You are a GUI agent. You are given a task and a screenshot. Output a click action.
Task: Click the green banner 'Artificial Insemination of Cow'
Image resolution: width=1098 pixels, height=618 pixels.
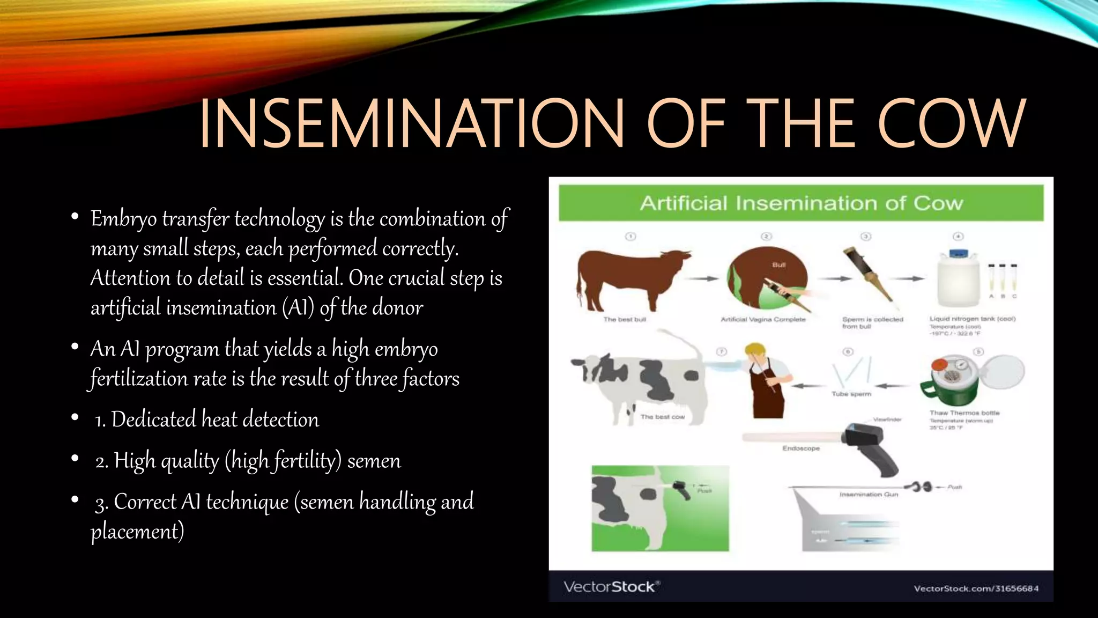click(x=801, y=203)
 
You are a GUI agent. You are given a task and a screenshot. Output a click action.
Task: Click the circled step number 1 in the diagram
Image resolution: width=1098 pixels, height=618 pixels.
click(x=630, y=237)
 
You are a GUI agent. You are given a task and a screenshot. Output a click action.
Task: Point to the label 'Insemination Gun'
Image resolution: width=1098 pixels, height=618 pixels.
click(x=869, y=495)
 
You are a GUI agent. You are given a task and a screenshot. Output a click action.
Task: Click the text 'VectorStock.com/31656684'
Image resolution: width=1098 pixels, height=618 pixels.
click(x=976, y=588)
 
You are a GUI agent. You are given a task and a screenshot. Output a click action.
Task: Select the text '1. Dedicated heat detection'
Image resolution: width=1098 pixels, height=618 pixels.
click(x=206, y=420)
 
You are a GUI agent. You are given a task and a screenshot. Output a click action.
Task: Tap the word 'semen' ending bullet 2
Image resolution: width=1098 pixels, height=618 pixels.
click(x=374, y=461)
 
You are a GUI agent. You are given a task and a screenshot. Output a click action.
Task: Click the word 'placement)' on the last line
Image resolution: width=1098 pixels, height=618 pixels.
click(x=137, y=532)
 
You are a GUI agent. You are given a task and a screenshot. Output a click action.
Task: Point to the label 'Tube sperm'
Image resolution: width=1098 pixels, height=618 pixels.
click(x=851, y=394)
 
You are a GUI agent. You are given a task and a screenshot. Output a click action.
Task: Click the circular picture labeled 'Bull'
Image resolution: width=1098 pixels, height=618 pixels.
click(x=767, y=279)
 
